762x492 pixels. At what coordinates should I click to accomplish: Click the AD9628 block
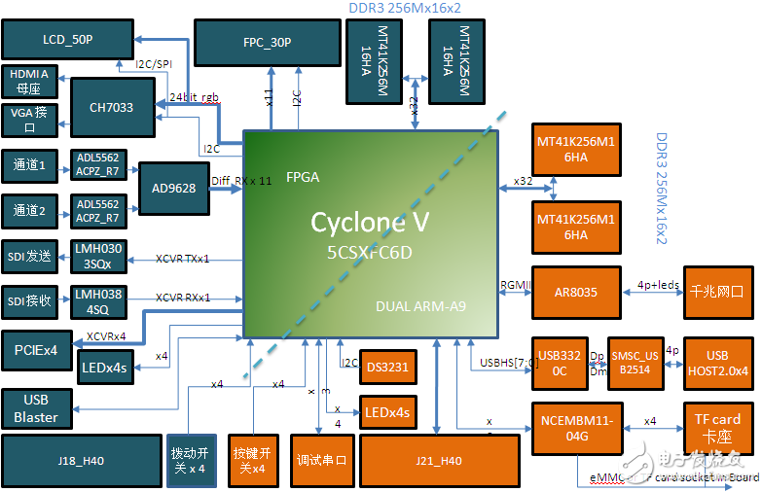click(x=173, y=188)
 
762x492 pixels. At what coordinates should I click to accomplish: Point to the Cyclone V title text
click(x=370, y=222)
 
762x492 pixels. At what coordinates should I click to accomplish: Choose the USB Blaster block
click(x=36, y=409)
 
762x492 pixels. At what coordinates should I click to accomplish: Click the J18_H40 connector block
click(x=80, y=460)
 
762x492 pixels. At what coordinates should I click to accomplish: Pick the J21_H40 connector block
click(x=438, y=460)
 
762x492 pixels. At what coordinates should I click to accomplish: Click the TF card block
click(x=718, y=428)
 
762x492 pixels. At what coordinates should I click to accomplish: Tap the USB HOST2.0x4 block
click(x=718, y=362)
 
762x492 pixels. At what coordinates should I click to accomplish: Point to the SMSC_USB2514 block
click(x=635, y=362)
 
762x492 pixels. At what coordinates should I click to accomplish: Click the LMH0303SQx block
click(x=99, y=257)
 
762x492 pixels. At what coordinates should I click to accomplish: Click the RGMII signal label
click(x=514, y=285)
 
